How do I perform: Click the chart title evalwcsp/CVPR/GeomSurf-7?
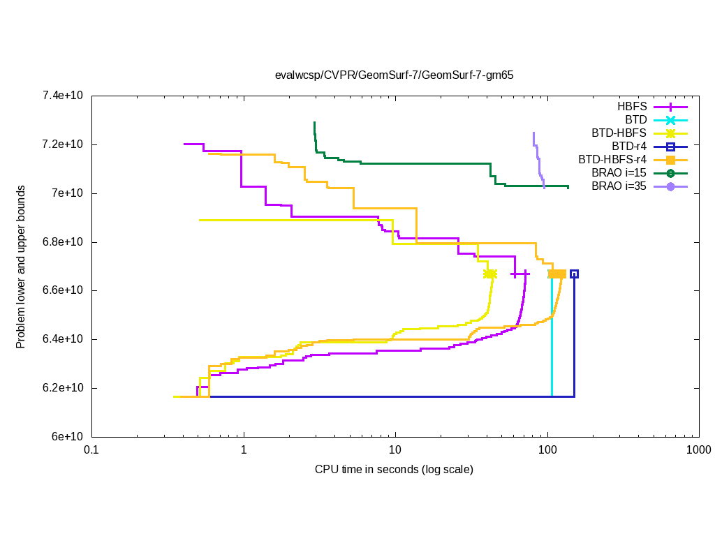pos(394,75)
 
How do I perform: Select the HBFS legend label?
pos(632,107)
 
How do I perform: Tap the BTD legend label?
pos(636,120)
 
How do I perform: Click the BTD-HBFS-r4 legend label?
pos(612,160)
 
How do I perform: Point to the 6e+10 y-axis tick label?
pos(68,437)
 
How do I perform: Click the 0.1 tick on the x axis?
pos(91,451)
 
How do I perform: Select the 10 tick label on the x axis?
pos(395,451)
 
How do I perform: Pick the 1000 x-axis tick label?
pos(698,451)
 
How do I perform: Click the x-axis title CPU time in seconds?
pos(394,470)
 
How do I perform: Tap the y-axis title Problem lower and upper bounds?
pos(21,267)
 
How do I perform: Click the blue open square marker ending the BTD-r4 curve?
pos(574,274)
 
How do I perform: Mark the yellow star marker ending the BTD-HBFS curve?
pos(490,274)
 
